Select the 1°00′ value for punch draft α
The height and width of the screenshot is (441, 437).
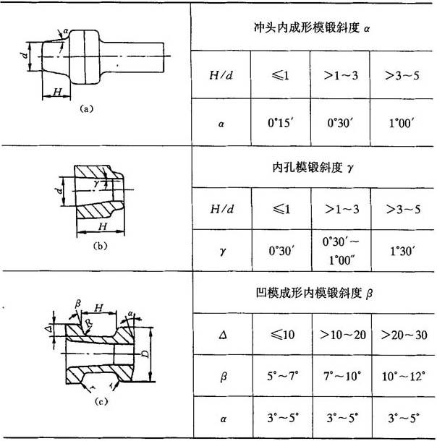pos(402,123)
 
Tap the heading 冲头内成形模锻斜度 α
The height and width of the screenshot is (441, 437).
pos(312,27)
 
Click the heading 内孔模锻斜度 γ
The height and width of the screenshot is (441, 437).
pos(313,167)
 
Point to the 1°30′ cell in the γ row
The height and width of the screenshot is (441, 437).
pos(402,251)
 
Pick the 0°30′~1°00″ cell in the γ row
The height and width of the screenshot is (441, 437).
pos(341,251)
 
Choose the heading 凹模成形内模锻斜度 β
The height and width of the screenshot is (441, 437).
pos(314,293)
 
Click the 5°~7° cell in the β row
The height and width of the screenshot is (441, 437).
pos(283,376)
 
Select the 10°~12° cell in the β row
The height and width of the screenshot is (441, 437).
pos(403,376)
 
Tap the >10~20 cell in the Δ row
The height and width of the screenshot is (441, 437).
pos(343,335)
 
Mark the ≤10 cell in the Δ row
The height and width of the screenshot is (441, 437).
pos(282,335)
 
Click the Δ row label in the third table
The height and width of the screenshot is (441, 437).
pos(223,335)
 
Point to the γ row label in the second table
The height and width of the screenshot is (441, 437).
pos(223,251)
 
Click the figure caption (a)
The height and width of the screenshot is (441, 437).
pos(86,108)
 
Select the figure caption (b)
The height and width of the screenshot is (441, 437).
pos(100,246)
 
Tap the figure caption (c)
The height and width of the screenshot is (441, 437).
pos(101,401)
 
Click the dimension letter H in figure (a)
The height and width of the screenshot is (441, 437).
pos(57,92)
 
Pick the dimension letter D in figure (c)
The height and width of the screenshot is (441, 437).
pos(145,354)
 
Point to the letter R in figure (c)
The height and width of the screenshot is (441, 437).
pos(89,322)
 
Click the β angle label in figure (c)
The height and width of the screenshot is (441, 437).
pos(78,304)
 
